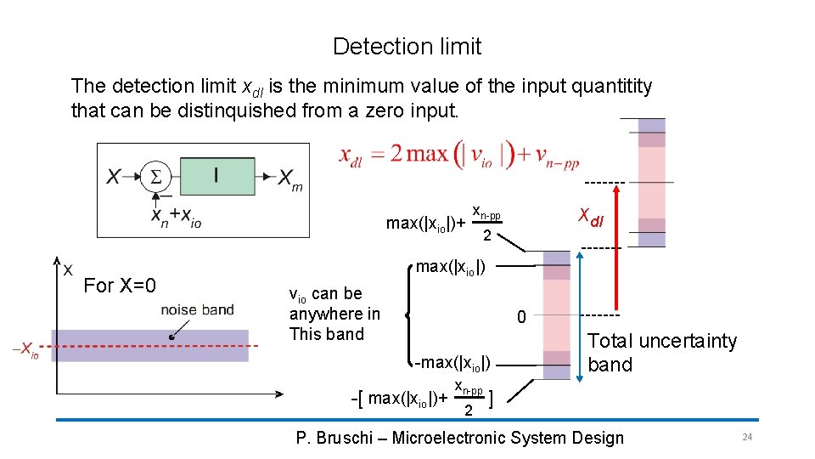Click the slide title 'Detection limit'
pos(407,47)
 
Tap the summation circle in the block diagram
pos(156,177)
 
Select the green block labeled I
pos(216,177)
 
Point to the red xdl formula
pos(458,156)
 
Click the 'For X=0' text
pos(120,286)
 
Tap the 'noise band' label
pos(196,310)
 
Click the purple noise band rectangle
pos(149,346)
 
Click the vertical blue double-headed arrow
pos(580,314)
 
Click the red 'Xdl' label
pos(591,217)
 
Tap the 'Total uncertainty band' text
pos(662,353)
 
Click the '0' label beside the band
pos(522,317)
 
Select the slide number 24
pos(747,437)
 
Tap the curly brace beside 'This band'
pos(412,314)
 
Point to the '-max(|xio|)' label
pos(451,364)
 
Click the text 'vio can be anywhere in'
pos(334,303)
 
